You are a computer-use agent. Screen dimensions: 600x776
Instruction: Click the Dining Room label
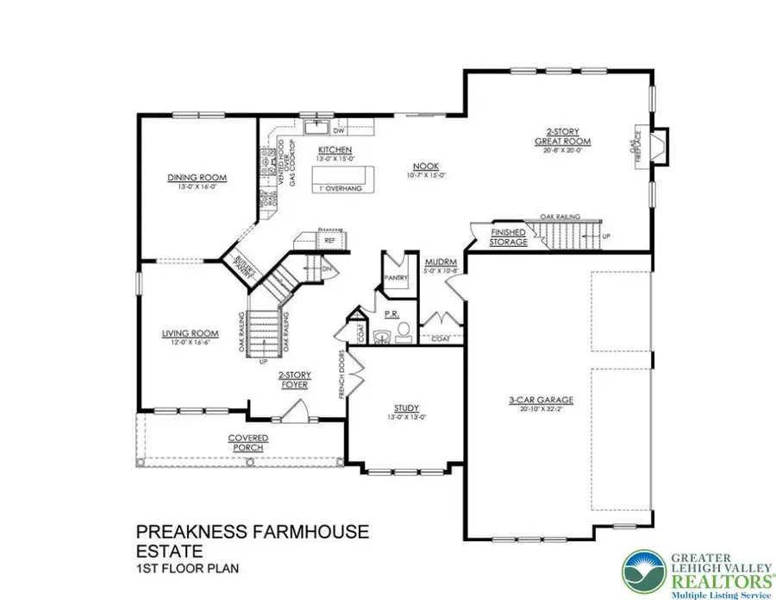[x=197, y=178]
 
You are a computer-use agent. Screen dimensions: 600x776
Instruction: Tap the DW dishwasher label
[x=339, y=131]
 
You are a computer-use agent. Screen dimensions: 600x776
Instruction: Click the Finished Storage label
[x=508, y=238]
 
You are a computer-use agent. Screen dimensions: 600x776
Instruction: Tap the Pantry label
[x=395, y=277]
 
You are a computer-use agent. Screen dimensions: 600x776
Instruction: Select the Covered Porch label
[x=248, y=443]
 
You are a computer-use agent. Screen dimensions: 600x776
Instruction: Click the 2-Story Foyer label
[x=294, y=380]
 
